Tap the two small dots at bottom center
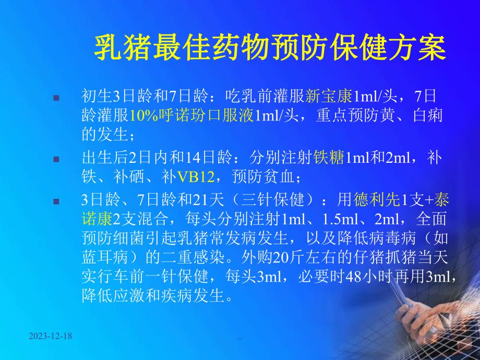[241, 340]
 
